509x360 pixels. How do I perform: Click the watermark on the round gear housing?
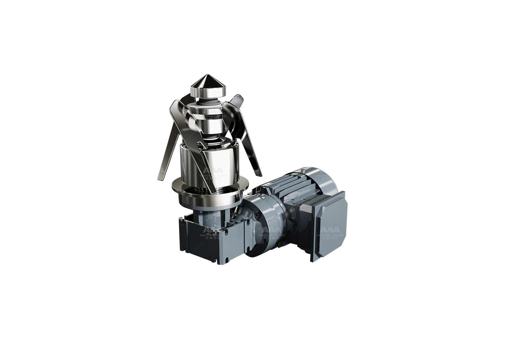tap(271, 233)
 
